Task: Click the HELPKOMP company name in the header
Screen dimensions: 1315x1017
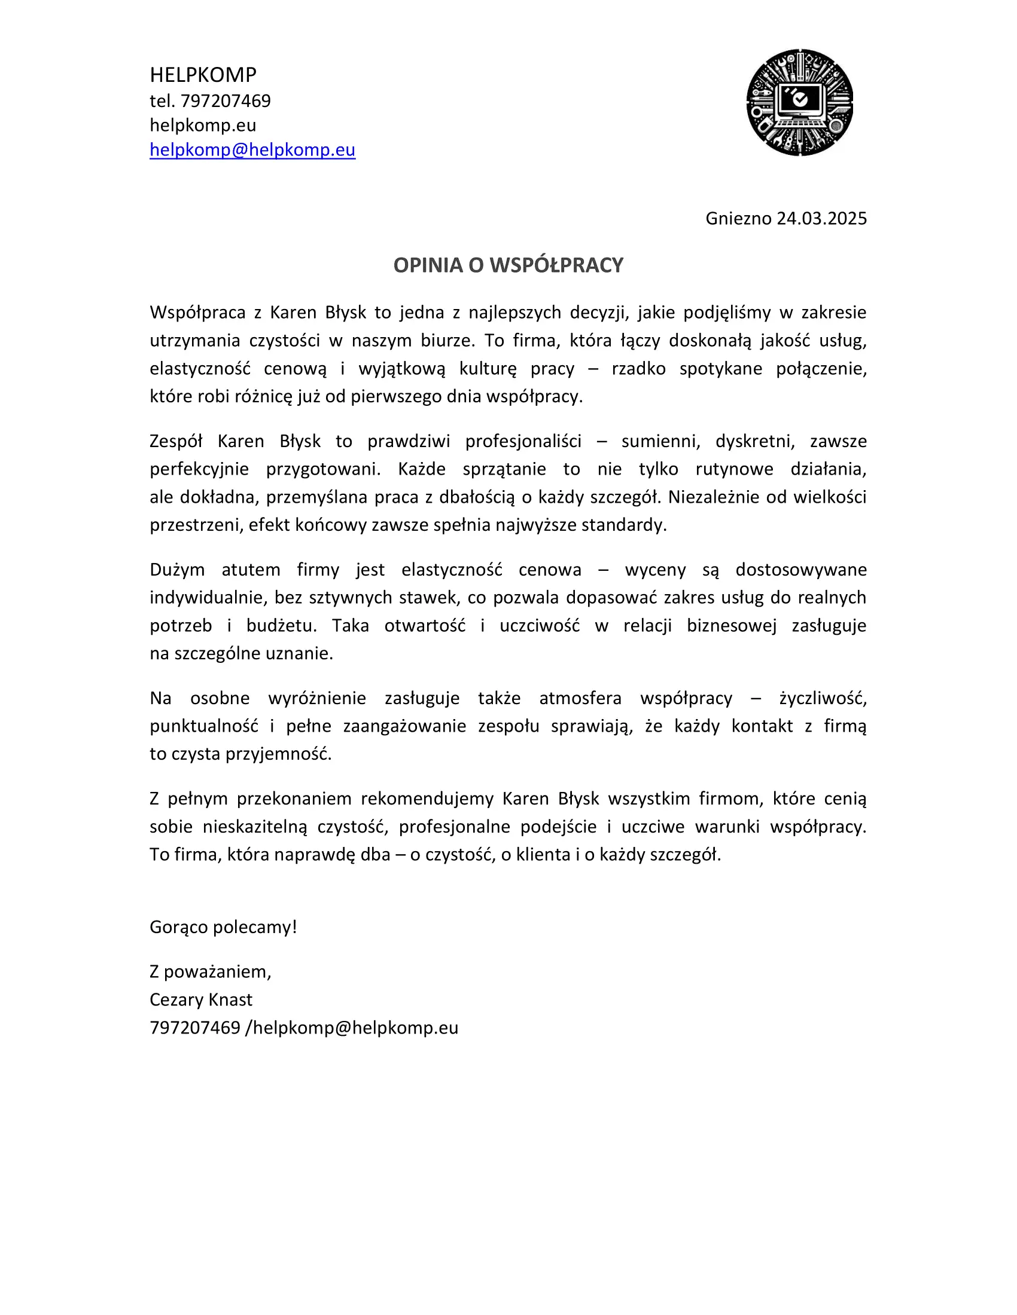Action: tap(203, 75)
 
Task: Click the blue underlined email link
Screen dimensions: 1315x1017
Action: tap(252, 150)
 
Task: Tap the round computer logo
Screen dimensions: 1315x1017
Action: tap(799, 102)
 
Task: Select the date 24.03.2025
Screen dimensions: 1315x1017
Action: tap(821, 219)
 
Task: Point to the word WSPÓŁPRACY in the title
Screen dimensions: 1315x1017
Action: tap(556, 265)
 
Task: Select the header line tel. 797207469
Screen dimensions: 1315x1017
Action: tap(210, 100)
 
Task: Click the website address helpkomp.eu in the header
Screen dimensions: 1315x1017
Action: tap(203, 126)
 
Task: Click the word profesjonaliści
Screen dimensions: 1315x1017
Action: tap(523, 441)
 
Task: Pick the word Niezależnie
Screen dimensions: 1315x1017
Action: tap(713, 497)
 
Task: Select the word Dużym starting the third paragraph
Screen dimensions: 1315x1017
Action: tap(177, 570)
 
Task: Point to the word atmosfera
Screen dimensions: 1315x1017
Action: tap(580, 698)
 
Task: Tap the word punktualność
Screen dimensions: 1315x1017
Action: tap(203, 726)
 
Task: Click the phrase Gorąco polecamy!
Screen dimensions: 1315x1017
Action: tap(224, 927)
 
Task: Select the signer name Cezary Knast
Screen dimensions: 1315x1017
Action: tap(201, 1000)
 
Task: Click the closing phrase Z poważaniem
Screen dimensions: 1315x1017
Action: tap(210, 972)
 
